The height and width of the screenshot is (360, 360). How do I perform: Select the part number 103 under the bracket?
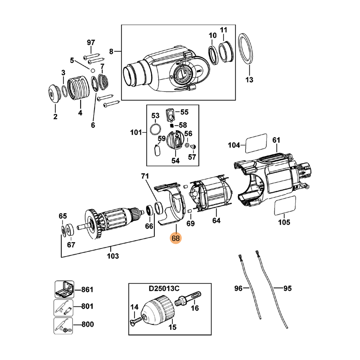pos(112,256)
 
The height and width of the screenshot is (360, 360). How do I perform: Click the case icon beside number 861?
pos(63,289)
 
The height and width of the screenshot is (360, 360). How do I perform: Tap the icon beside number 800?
pos(63,324)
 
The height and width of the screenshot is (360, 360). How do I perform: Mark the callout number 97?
pos(91,42)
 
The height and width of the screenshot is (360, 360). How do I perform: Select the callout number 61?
pos(276,140)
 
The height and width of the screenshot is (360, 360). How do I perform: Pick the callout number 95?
pos(281,288)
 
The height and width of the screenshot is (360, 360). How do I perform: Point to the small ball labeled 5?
pos(92,71)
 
